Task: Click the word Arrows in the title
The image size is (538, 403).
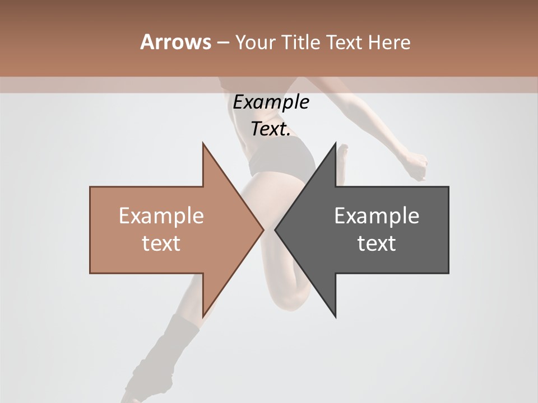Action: tap(175, 42)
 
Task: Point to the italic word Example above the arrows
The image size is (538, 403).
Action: tap(271, 102)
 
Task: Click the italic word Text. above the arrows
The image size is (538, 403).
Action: tap(271, 129)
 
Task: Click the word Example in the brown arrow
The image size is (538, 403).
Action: tap(161, 215)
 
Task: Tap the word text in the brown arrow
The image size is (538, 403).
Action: tap(161, 243)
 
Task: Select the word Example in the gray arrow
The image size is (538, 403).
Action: tap(377, 215)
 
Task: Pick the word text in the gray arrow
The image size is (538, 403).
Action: tap(377, 243)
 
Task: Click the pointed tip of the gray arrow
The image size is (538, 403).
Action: tap(276, 229)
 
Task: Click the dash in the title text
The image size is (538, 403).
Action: tap(222, 43)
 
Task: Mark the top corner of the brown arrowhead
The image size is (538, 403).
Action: tap(203, 144)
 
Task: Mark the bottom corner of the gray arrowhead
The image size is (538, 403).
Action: tap(335, 316)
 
